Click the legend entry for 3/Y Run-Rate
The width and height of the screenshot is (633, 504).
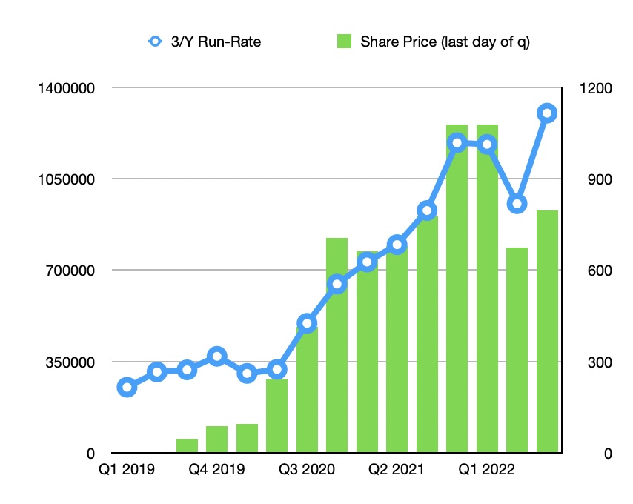[x=205, y=42]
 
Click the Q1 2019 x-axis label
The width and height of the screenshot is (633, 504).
[x=127, y=469]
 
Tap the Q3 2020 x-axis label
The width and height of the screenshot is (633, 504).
[x=307, y=469]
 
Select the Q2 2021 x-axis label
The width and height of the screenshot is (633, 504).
[x=397, y=469]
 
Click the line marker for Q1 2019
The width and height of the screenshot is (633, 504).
[x=127, y=387]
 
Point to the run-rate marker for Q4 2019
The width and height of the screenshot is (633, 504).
[x=216, y=357]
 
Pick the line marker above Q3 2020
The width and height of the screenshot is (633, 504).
[x=307, y=323]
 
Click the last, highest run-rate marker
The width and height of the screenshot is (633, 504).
[x=547, y=113]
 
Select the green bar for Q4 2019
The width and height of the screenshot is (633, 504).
[x=216, y=440]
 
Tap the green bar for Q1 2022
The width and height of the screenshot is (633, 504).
[x=487, y=289]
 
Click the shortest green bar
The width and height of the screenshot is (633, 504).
[x=187, y=445]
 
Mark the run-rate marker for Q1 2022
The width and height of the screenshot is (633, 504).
[x=487, y=144]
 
